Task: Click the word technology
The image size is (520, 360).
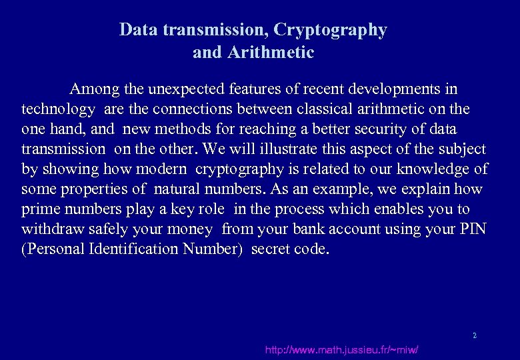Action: [58, 109]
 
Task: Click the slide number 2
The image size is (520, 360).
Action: [475, 335]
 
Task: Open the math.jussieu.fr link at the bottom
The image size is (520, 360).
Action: [341, 350]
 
